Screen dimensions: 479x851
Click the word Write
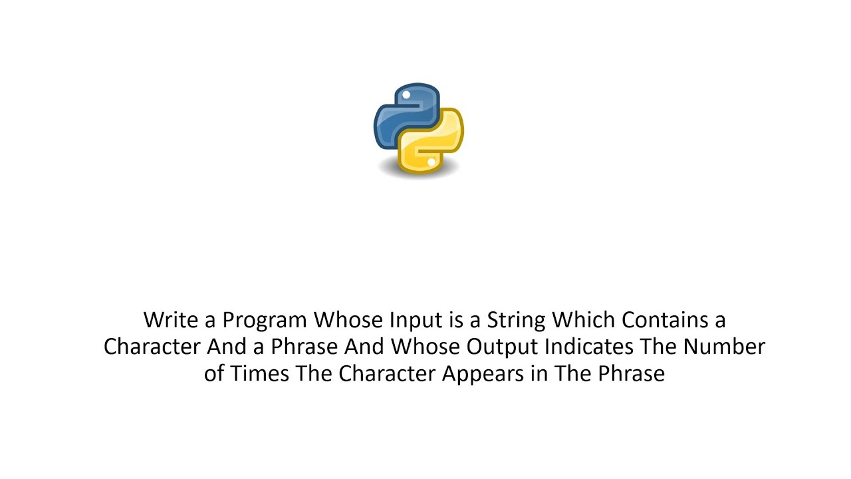pyautogui.click(x=171, y=320)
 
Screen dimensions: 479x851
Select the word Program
pyautogui.click(x=265, y=321)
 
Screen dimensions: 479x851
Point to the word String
pyautogui.click(x=517, y=321)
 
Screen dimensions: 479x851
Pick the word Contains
pyautogui.click(x=665, y=320)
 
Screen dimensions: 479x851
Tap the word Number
pyautogui.click(x=724, y=347)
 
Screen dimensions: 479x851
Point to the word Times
pyautogui.click(x=260, y=373)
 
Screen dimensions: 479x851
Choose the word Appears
pyautogui.click(x=482, y=374)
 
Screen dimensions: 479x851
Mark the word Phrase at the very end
pyautogui.click(x=631, y=373)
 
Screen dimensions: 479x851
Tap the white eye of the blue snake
pyautogui.click(x=406, y=95)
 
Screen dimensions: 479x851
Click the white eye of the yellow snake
pyautogui.click(x=431, y=162)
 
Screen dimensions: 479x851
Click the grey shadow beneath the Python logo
pyautogui.click(x=418, y=174)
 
